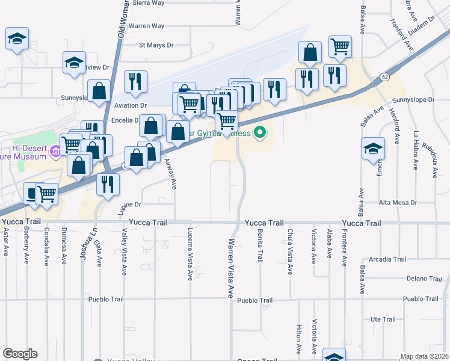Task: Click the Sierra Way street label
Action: click(x=150, y=3)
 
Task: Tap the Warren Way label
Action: click(x=147, y=26)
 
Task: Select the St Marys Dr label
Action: click(x=156, y=45)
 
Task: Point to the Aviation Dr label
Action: click(x=132, y=104)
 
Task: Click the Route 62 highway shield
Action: click(x=383, y=77)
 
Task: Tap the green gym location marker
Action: click(x=260, y=132)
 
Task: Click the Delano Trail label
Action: click(x=424, y=279)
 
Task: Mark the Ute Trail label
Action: click(x=383, y=319)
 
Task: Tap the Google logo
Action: click(x=20, y=354)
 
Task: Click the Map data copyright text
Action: click(x=425, y=356)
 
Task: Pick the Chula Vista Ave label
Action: click(x=289, y=252)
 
